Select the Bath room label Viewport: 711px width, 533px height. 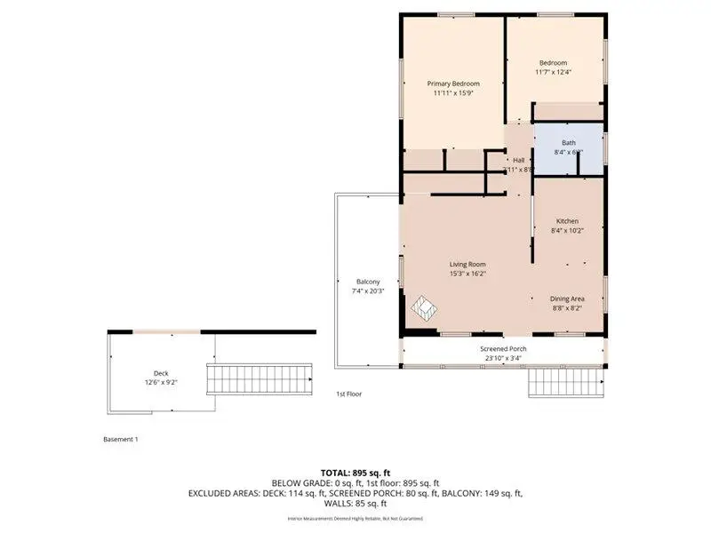pos(568,142)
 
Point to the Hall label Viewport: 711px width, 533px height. pos(518,160)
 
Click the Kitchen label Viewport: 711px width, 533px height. pos(567,221)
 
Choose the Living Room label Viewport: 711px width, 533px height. pos(467,264)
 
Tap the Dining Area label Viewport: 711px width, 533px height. pos(567,298)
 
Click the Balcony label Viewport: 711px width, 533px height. pos(368,282)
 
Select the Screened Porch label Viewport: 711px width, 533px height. pos(503,349)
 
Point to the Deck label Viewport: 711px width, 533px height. pos(160,373)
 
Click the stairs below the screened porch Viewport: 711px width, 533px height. pos(565,383)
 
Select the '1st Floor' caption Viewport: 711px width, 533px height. pos(348,394)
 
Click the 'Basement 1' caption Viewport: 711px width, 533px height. pos(121,439)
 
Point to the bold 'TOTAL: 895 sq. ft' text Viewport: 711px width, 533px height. pos(355,472)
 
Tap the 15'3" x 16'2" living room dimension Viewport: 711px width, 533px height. pos(467,274)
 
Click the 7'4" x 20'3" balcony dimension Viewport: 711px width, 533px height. pos(368,291)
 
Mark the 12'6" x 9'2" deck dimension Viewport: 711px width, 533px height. pos(160,383)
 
